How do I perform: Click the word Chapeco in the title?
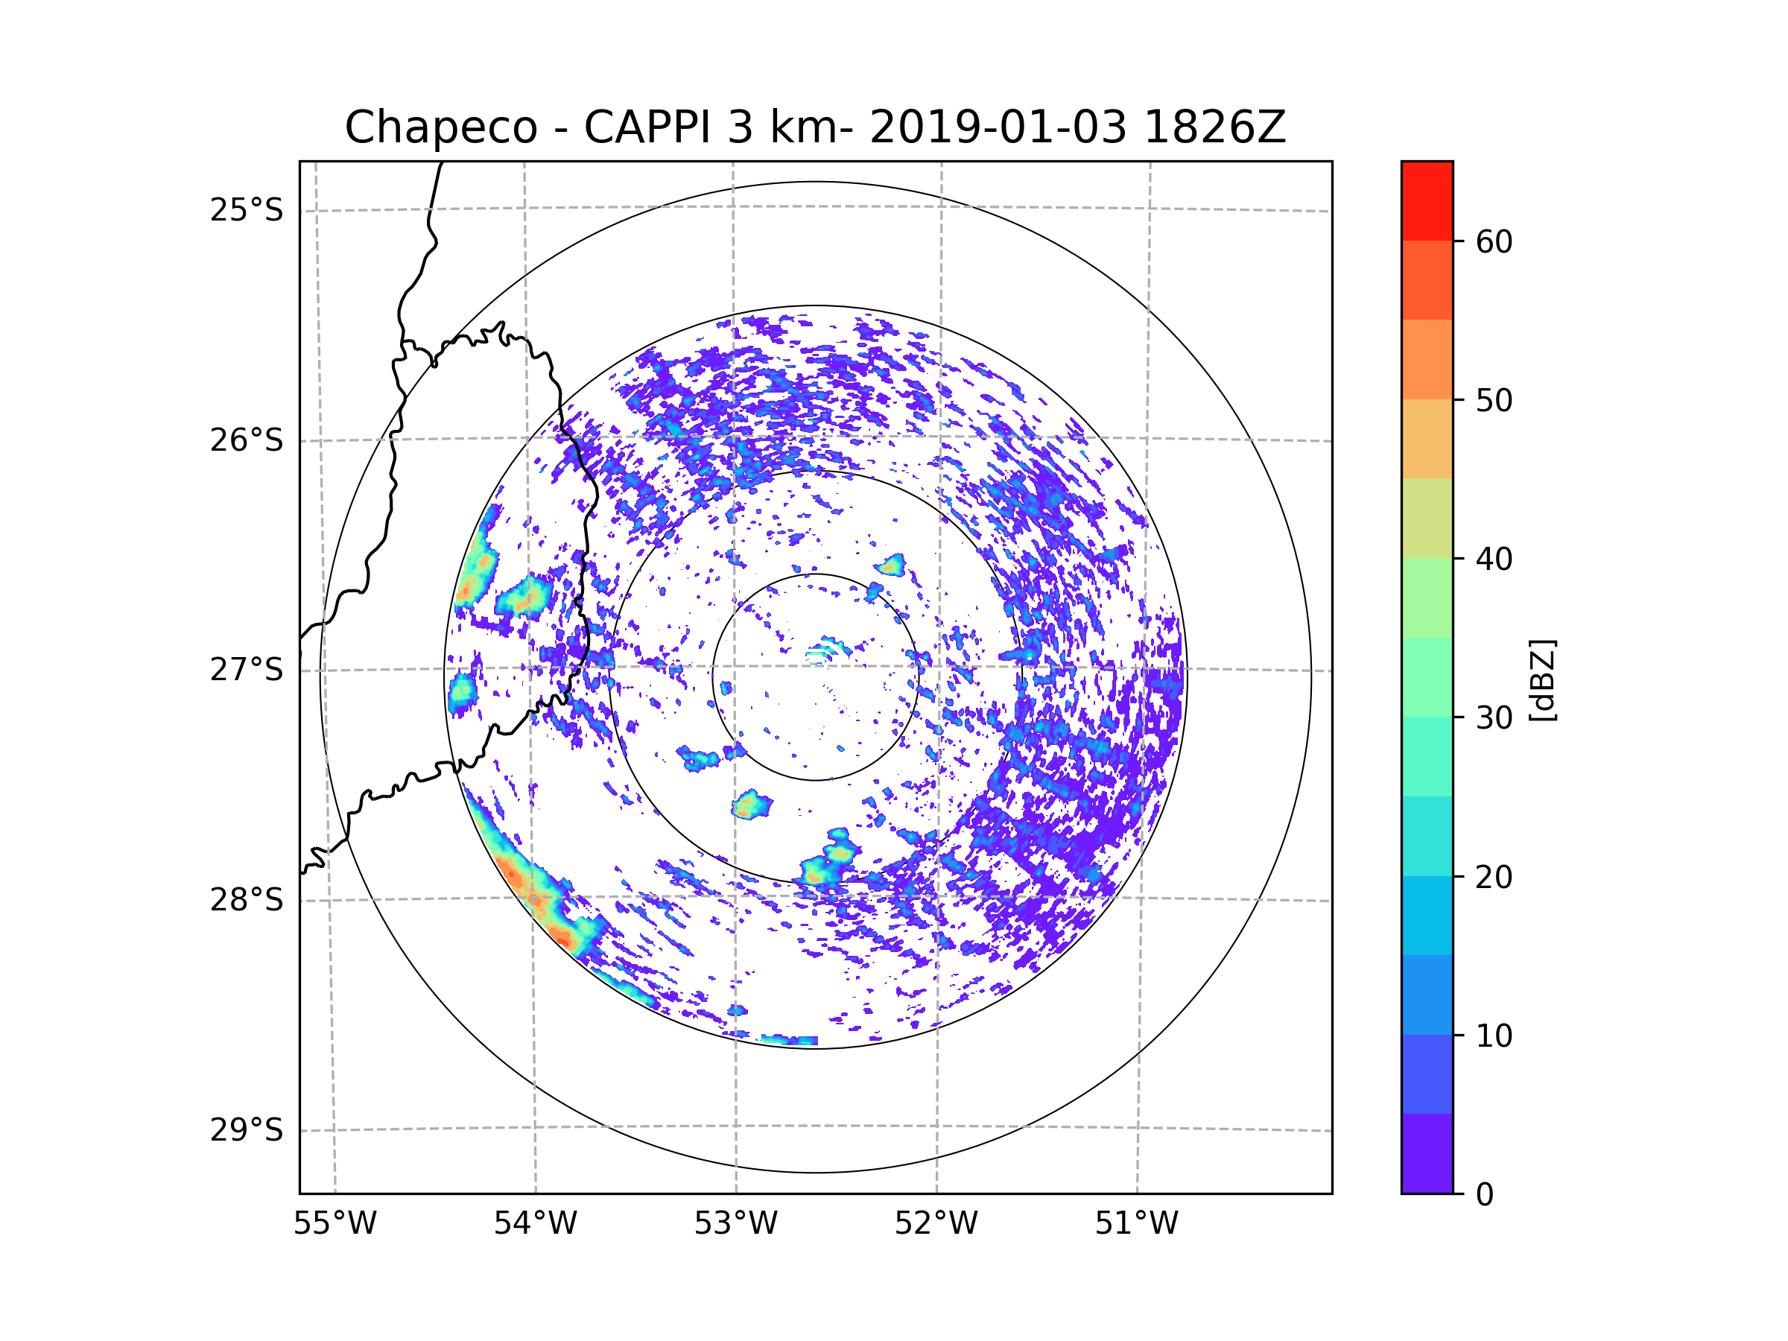(440, 127)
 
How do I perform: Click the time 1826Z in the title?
(1214, 127)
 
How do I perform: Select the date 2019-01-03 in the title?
(998, 127)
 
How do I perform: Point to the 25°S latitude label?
(247, 210)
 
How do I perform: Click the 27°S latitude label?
(247, 670)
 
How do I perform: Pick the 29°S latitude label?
(247, 1130)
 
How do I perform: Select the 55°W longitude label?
(335, 1224)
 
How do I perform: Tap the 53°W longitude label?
(735, 1224)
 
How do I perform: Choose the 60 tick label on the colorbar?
(1494, 241)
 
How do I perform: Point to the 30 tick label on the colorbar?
(1494, 717)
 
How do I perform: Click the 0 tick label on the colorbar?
(1485, 1195)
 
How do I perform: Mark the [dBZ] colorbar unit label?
(1542, 681)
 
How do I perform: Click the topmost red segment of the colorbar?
(1427, 200)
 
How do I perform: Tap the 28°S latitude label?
(247, 900)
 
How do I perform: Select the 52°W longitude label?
(936, 1224)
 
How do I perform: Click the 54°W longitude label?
(535, 1224)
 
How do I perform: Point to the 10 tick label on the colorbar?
(1494, 1036)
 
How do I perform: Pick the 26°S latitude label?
(247, 440)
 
